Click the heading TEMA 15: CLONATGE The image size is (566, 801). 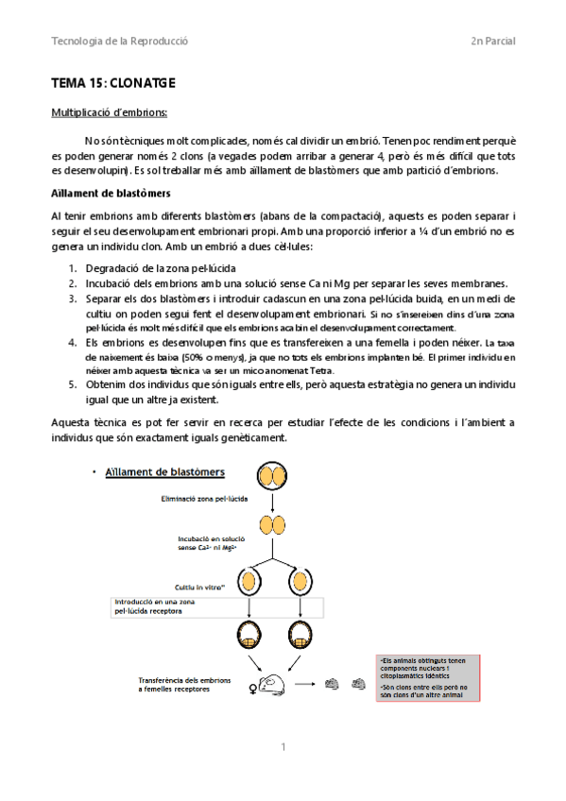coord(113,84)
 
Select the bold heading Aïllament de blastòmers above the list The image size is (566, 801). coord(111,193)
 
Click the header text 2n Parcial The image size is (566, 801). coord(492,42)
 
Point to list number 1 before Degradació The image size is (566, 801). coord(72,269)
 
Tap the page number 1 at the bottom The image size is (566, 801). coord(283,747)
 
